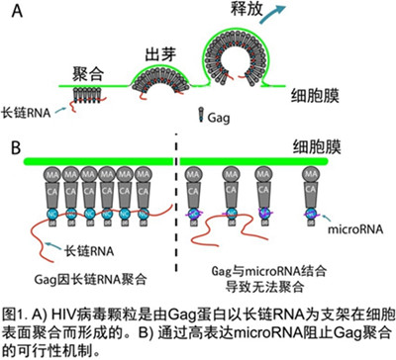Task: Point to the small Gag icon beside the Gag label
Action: pos(203,114)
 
